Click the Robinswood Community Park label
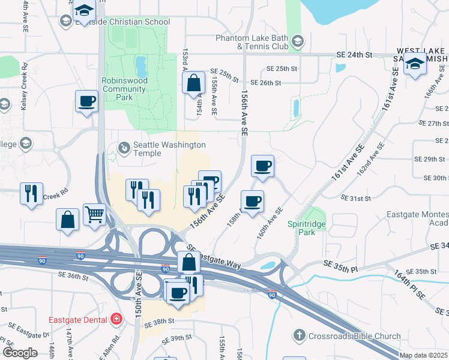[x=124, y=89]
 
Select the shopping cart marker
[x=95, y=214]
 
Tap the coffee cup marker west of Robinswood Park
[x=86, y=101]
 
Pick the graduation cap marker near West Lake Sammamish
[x=415, y=64]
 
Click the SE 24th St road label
[x=355, y=55]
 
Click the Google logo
[x=20, y=353]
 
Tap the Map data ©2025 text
[x=423, y=355]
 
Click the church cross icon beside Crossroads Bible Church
[x=300, y=334]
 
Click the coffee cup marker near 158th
[x=252, y=201]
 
